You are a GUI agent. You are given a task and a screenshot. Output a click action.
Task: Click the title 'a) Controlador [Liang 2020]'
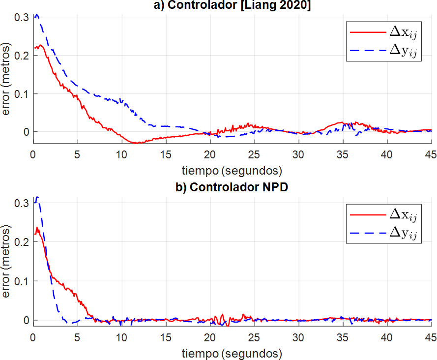point(230,5)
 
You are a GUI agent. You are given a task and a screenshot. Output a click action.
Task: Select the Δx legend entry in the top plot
point(383,31)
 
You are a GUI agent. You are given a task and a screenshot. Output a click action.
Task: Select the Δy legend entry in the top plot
point(383,51)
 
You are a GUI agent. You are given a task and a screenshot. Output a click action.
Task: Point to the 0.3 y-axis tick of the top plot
point(22,17)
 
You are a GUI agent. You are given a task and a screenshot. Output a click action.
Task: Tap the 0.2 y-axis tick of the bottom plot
point(22,242)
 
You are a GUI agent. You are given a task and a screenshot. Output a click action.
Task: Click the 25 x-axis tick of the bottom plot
point(254,337)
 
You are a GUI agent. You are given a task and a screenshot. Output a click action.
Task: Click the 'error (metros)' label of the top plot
point(6,81)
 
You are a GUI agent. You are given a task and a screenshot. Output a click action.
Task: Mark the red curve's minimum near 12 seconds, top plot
point(138,143)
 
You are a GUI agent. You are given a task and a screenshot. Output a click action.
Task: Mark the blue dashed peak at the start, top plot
point(36,15)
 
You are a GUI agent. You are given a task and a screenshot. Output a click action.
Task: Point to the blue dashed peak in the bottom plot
point(36,197)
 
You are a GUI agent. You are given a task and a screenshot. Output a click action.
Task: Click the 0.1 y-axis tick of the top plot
point(22,93)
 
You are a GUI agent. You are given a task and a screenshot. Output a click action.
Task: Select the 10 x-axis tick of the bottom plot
point(121,337)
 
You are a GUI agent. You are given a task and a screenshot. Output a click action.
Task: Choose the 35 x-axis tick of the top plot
point(343,153)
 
